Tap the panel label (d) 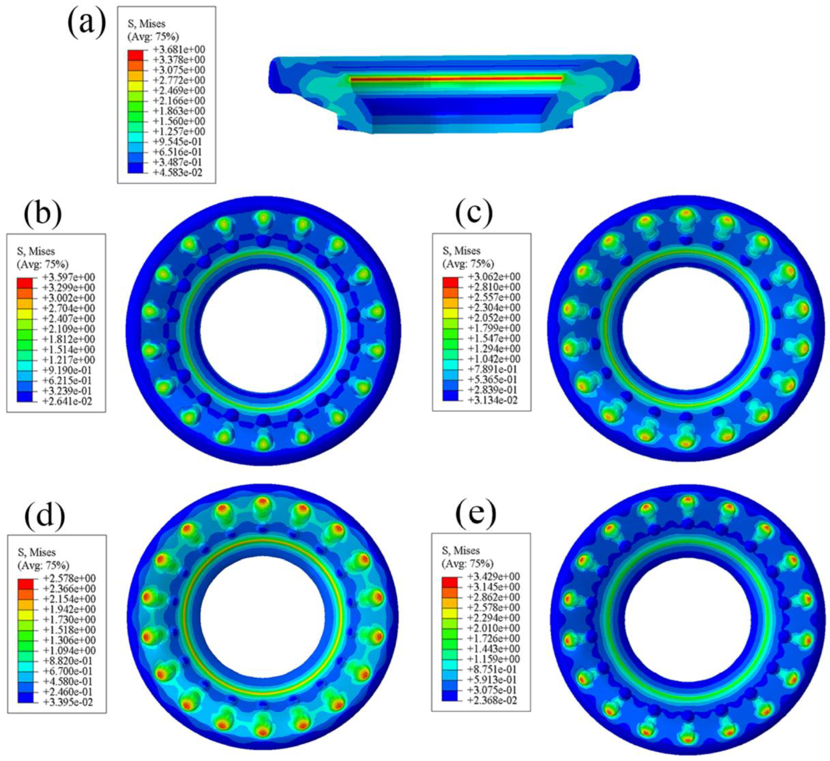click(x=45, y=513)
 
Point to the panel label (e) click(x=476, y=511)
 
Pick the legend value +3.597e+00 click(x=69, y=277)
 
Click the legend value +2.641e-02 click(x=68, y=401)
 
